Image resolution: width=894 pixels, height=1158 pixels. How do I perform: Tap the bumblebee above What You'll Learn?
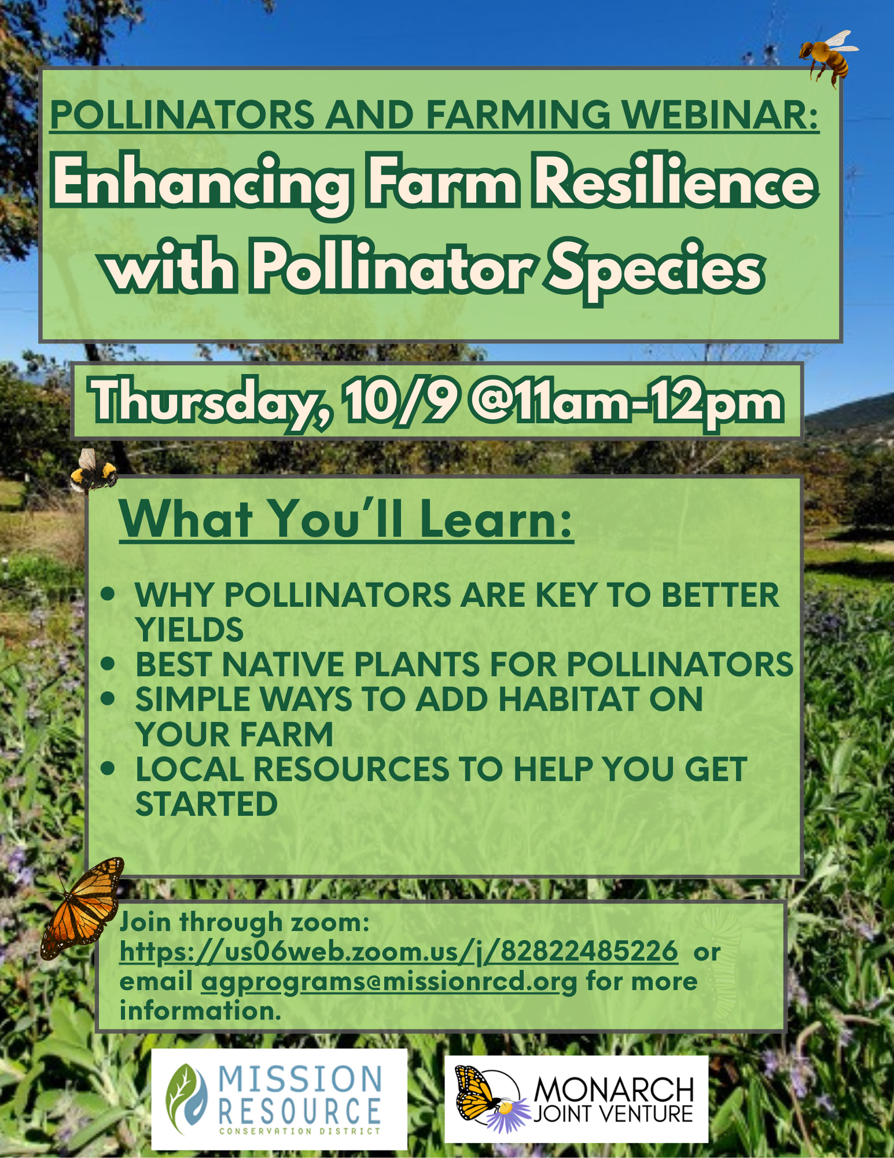coord(93,472)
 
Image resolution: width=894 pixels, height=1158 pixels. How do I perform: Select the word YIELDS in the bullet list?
coord(189,629)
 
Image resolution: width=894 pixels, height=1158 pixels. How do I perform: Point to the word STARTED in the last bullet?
coord(207,804)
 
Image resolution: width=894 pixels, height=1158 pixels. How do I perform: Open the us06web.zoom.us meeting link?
coord(399,952)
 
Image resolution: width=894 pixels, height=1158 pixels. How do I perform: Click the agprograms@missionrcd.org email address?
coord(389,982)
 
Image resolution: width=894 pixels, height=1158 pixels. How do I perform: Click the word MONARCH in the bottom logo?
coord(614,1090)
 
